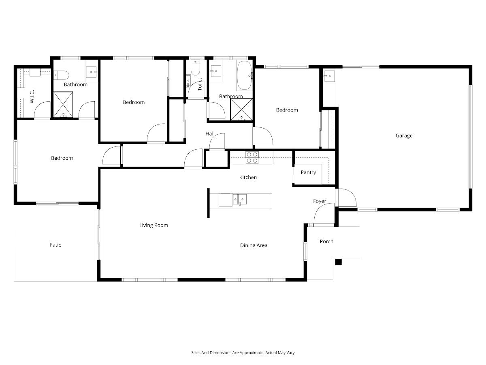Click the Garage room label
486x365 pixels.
click(404, 135)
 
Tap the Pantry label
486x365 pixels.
click(308, 172)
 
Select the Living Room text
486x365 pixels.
click(153, 225)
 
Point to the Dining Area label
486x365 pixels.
click(254, 245)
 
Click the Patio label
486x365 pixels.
click(55, 245)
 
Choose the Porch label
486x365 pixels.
click(326, 241)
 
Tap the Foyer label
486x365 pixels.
click(320, 201)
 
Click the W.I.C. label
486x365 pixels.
click(32, 97)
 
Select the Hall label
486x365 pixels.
click(210, 134)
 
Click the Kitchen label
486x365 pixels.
click(248, 177)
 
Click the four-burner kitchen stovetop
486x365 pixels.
click(252, 157)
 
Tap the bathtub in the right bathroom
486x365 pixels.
click(245, 75)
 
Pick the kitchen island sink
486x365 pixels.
click(239, 200)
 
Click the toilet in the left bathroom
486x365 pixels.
click(61, 75)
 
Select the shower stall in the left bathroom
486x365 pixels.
click(63, 104)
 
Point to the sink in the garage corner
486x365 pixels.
click(329, 76)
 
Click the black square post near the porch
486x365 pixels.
click(338, 262)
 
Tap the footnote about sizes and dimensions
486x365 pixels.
click(243, 352)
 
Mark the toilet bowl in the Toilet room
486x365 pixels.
click(195, 68)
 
